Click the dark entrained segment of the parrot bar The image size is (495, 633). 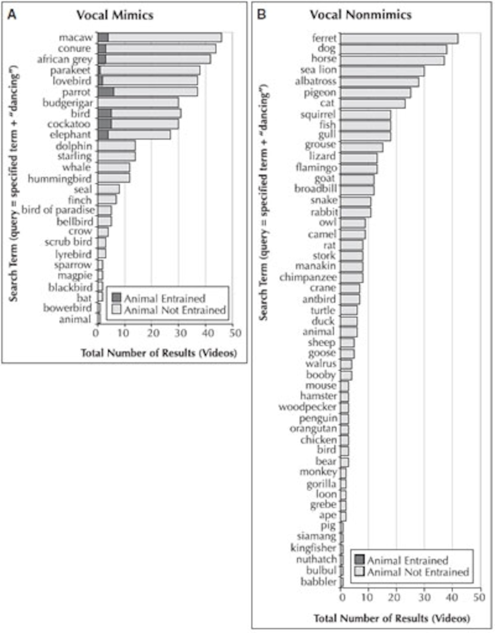point(106,92)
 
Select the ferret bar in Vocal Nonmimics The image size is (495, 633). point(399,39)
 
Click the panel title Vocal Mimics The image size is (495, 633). point(115,15)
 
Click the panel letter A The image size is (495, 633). point(12,14)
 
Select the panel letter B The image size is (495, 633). point(262,14)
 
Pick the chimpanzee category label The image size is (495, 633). point(308,277)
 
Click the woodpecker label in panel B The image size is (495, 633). point(308,407)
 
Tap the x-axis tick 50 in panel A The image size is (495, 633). point(235,333)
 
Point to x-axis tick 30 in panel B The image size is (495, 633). point(424,598)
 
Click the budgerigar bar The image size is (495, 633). point(138,103)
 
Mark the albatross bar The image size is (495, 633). point(379,82)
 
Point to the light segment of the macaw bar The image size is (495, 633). point(165,37)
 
